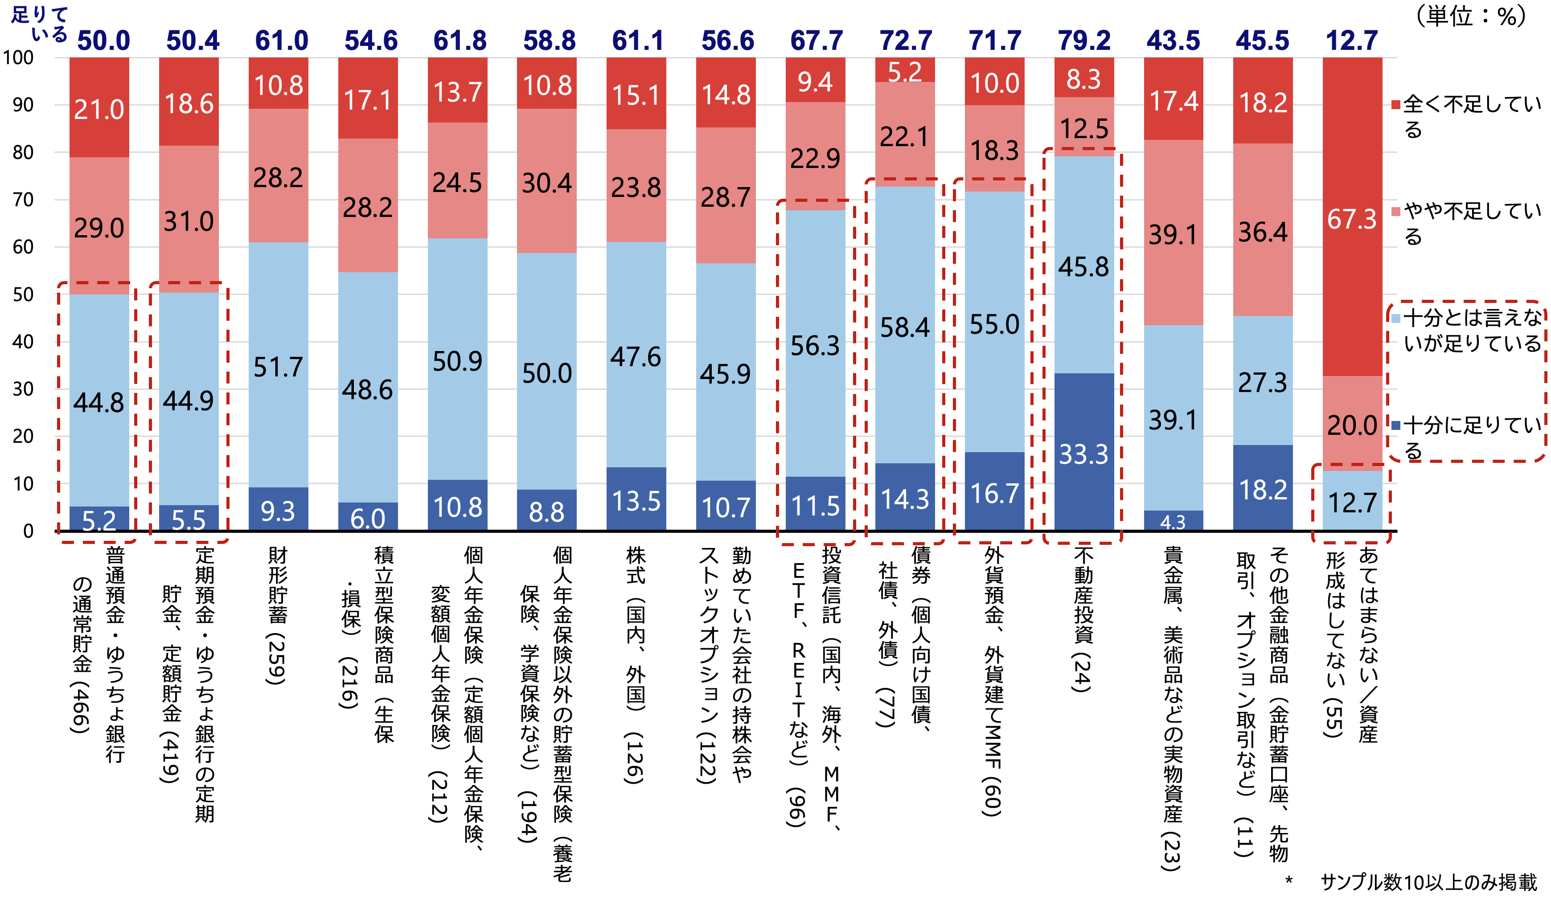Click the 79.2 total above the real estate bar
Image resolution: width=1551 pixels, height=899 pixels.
click(x=1084, y=41)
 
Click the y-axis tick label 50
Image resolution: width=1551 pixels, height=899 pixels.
click(x=23, y=294)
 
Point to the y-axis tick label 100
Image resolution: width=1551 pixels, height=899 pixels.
click(x=18, y=58)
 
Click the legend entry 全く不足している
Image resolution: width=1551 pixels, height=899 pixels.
click(x=1468, y=116)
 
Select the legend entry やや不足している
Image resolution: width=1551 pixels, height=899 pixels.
click(x=1468, y=223)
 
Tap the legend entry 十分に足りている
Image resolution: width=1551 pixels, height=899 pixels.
click(x=1468, y=437)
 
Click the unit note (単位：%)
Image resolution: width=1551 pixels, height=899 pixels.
click(x=1471, y=16)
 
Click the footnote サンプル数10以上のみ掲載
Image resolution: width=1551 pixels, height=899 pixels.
click(x=1428, y=882)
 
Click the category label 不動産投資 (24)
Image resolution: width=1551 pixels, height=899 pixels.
click(x=1083, y=618)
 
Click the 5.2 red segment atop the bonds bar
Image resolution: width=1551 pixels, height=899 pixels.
click(x=905, y=71)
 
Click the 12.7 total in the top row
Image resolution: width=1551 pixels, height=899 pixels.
click(x=1352, y=41)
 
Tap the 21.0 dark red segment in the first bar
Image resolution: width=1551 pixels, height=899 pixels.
click(x=99, y=109)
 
